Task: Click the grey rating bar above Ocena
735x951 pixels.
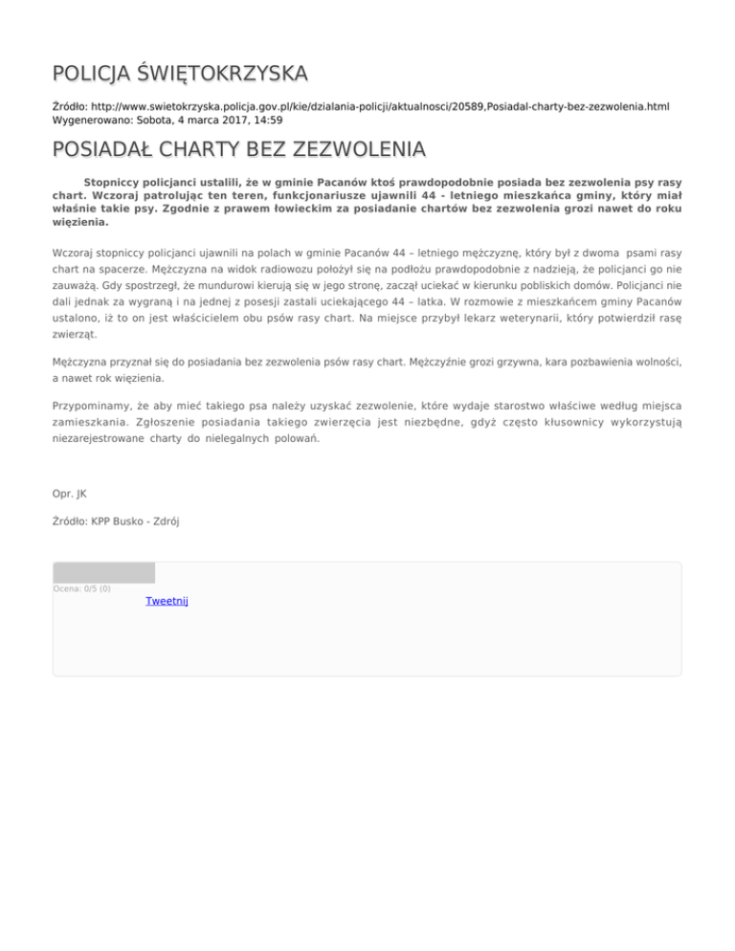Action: [103, 572]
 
